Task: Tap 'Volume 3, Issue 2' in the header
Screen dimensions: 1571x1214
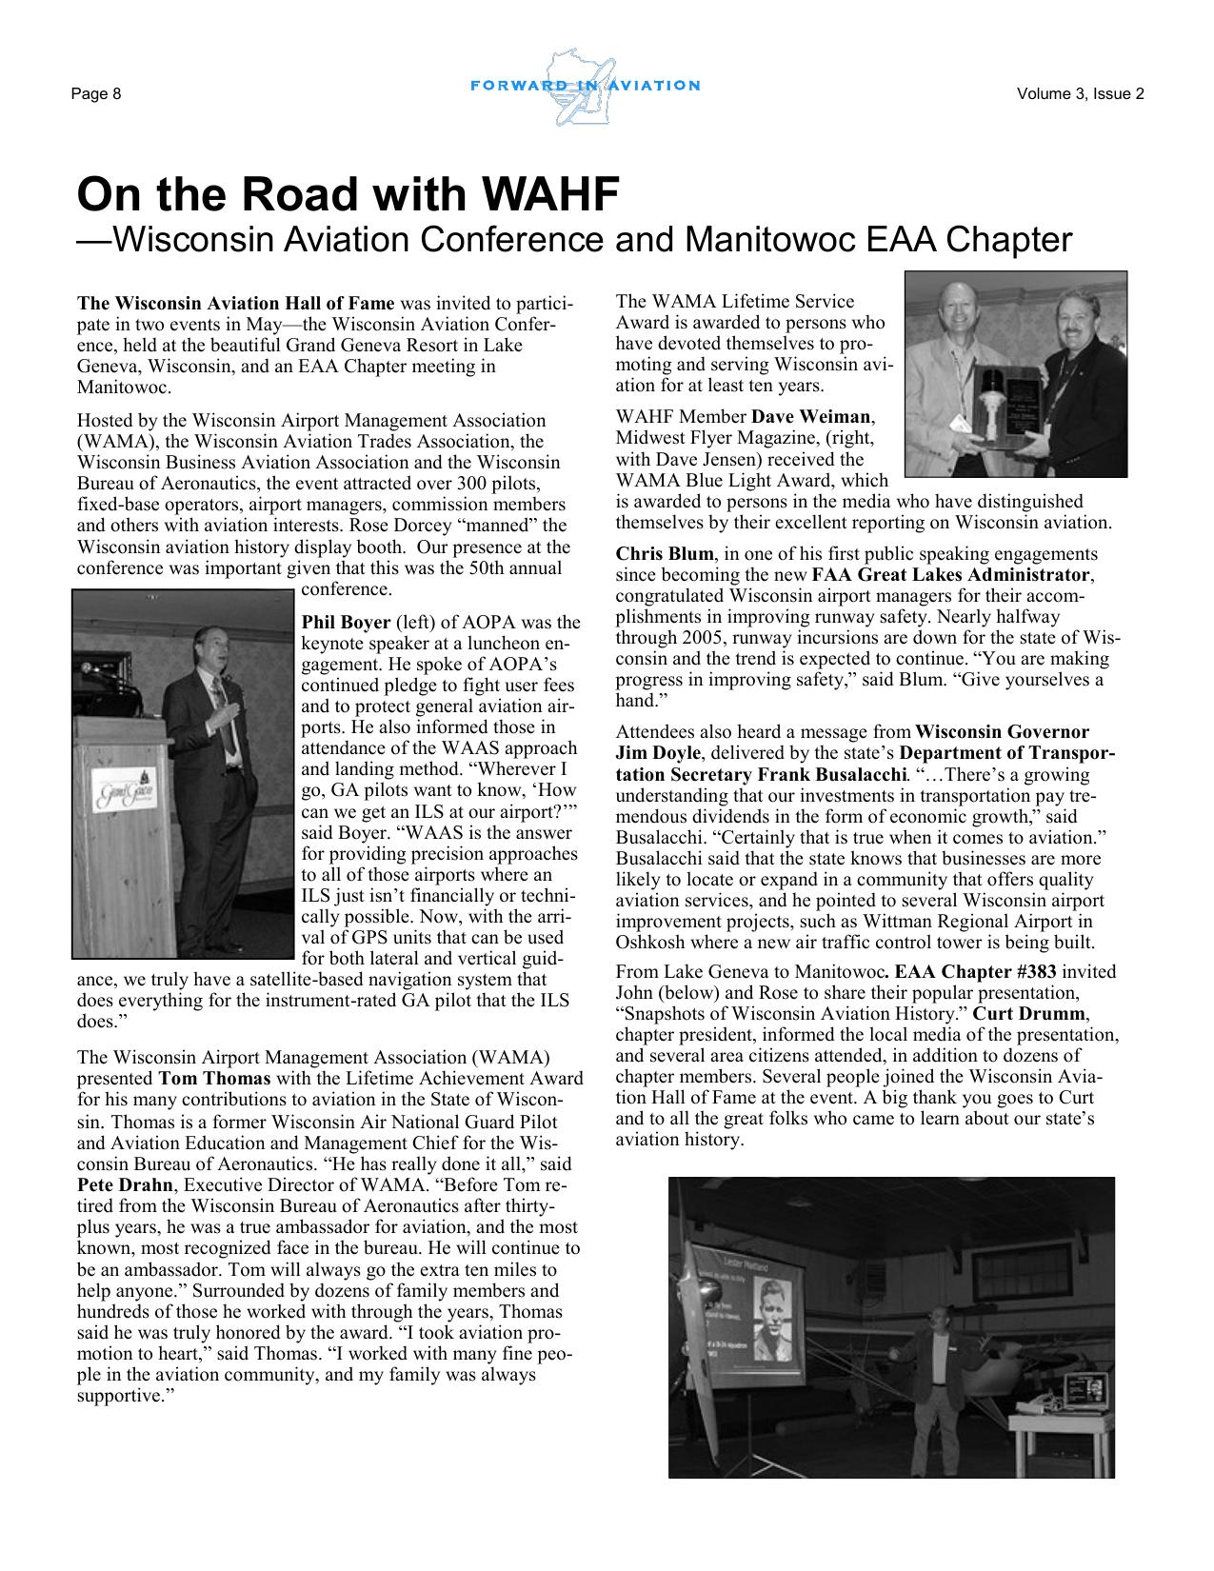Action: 1080,93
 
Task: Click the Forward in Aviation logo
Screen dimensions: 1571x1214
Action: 586,87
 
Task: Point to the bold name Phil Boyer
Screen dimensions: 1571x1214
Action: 346,623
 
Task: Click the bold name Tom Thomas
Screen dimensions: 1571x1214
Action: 214,1079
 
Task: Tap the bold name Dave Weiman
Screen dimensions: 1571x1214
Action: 812,417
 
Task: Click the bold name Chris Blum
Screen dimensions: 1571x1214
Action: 664,554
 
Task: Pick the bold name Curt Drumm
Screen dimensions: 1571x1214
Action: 1030,1013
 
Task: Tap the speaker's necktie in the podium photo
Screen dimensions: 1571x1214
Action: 219,695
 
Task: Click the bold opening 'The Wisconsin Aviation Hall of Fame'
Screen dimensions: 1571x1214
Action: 235,304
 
